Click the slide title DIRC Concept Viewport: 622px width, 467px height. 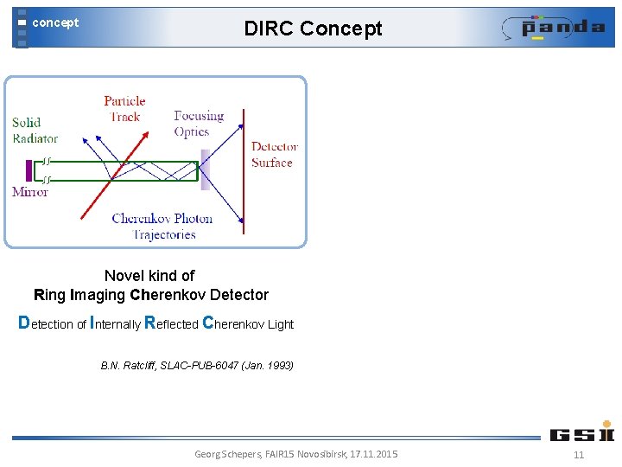[x=313, y=29]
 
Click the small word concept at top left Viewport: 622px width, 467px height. [x=55, y=23]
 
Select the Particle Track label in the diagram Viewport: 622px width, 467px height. [x=124, y=109]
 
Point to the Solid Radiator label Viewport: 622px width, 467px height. [x=35, y=130]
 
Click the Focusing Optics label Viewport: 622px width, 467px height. [x=198, y=124]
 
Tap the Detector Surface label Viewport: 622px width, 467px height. [x=274, y=154]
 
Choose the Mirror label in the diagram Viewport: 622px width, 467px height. [x=30, y=192]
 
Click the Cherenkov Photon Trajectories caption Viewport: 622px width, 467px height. [x=163, y=226]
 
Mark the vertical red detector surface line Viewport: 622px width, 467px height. [x=244, y=173]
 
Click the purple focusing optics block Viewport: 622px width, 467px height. [x=205, y=170]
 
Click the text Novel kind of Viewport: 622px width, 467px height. [x=149, y=276]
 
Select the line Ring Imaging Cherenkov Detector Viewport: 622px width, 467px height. [x=151, y=295]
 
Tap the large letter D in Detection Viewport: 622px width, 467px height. [x=24, y=323]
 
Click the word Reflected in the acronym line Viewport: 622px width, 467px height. [x=171, y=323]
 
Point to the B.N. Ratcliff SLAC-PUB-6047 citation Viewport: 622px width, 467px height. [x=197, y=366]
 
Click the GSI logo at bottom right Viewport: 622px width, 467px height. [x=581, y=432]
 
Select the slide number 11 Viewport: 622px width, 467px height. [x=579, y=455]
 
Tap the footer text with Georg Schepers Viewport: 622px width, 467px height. [x=296, y=454]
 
